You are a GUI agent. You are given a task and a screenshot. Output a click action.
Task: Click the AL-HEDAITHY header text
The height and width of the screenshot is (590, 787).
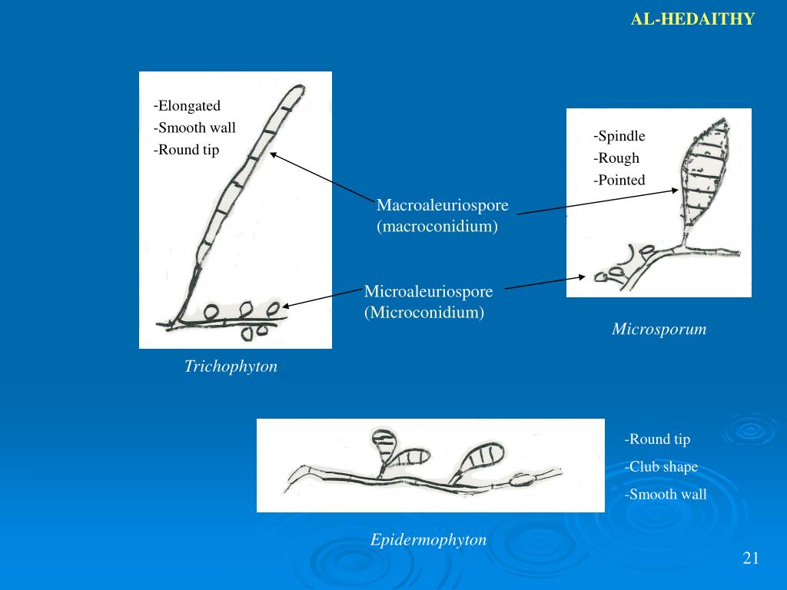click(x=692, y=19)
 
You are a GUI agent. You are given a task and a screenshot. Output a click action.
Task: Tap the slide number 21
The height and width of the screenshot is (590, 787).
click(x=751, y=558)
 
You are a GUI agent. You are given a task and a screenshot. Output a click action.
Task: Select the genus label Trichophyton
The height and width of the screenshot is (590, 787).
click(x=231, y=366)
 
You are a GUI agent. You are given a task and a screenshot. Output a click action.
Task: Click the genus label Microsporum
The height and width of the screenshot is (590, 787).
click(x=659, y=330)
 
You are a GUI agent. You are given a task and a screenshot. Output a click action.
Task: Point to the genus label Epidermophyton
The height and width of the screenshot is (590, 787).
click(x=428, y=540)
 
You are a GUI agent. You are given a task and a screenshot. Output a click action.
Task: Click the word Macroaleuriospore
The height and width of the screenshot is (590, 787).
click(x=443, y=206)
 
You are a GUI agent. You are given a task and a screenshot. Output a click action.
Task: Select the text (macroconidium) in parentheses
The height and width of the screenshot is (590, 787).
click(x=437, y=227)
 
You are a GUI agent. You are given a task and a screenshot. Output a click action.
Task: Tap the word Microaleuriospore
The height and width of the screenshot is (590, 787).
click(x=428, y=292)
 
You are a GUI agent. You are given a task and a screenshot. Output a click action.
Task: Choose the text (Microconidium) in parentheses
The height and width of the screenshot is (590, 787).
click(x=424, y=313)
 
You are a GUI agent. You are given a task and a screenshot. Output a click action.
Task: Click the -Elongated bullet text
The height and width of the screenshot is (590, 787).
click(x=187, y=106)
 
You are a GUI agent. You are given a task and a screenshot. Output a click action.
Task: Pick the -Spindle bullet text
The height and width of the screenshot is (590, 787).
click(x=619, y=137)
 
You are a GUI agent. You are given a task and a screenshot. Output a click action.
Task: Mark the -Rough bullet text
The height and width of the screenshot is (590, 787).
click(x=616, y=159)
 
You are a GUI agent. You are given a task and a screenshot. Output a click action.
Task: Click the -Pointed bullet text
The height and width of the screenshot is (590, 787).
click(x=619, y=181)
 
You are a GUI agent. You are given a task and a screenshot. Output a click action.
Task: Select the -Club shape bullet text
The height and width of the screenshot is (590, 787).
click(x=661, y=467)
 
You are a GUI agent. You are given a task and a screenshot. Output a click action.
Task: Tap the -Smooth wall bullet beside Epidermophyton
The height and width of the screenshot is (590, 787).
click(x=665, y=495)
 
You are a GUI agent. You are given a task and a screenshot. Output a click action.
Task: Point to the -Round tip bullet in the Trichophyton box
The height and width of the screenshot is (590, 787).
click(x=186, y=150)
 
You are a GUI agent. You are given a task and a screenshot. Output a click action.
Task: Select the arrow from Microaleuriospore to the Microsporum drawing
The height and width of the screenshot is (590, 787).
click(x=547, y=283)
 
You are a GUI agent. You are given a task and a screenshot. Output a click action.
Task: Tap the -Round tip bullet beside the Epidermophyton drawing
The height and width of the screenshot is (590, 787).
click(x=657, y=439)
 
